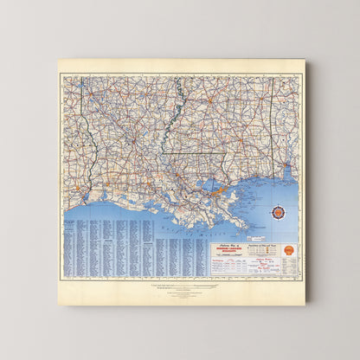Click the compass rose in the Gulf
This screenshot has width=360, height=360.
[x=277, y=212]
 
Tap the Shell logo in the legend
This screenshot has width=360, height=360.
[x=289, y=251]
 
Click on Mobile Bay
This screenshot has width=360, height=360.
[x=286, y=174]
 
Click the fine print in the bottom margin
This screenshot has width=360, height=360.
[x=181, y=288]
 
